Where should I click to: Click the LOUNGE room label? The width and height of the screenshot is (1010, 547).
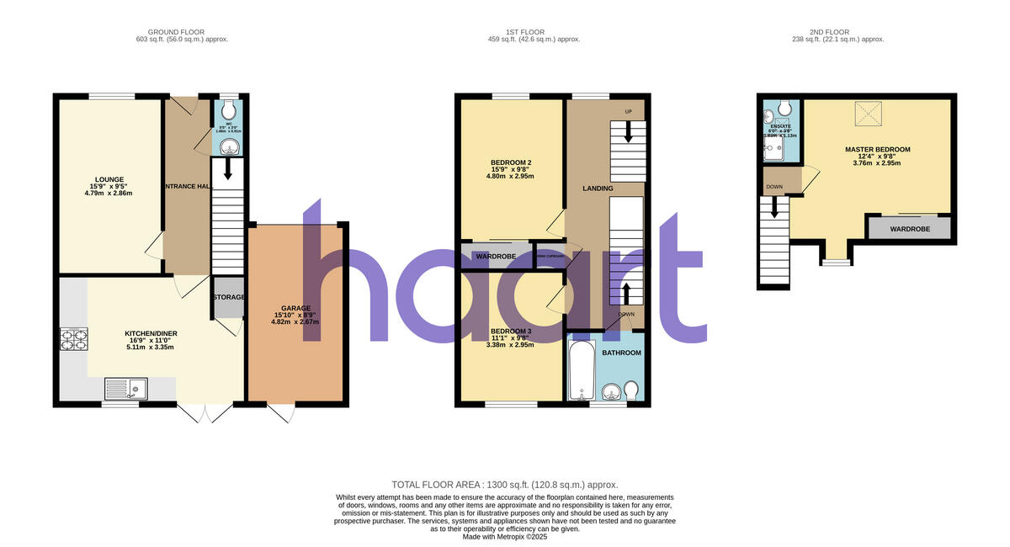click(x=109, y=179)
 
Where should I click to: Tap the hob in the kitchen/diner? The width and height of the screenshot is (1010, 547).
click(x=73, y=338)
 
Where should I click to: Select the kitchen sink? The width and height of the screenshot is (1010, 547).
click(x=125, y=389)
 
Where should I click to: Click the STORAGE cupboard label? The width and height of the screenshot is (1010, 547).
click(x=228, y=297)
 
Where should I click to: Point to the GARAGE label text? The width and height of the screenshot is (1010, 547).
click(x=296, y=308)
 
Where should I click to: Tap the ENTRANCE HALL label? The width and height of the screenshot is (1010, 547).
click(x=187, y=186)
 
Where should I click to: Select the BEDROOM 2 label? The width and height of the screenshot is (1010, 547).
click(x=511, y=162)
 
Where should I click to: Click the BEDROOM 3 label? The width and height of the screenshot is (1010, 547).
click(x=511, y=332)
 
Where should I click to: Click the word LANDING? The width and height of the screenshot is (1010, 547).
click(x=598, y=188)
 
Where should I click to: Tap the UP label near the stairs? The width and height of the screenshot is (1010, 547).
click(x=628, y=112)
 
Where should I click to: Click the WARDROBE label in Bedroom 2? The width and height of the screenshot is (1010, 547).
click(x=496, y=256)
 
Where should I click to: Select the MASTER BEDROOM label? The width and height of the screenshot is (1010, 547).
click(x=878, y=149)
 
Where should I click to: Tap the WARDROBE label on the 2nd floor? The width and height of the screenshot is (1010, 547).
click(x=909, y=228)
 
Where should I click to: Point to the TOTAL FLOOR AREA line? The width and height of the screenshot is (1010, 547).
click(x=505, y=485)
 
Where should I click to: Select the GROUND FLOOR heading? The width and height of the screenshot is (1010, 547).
click(x=182, y=32)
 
